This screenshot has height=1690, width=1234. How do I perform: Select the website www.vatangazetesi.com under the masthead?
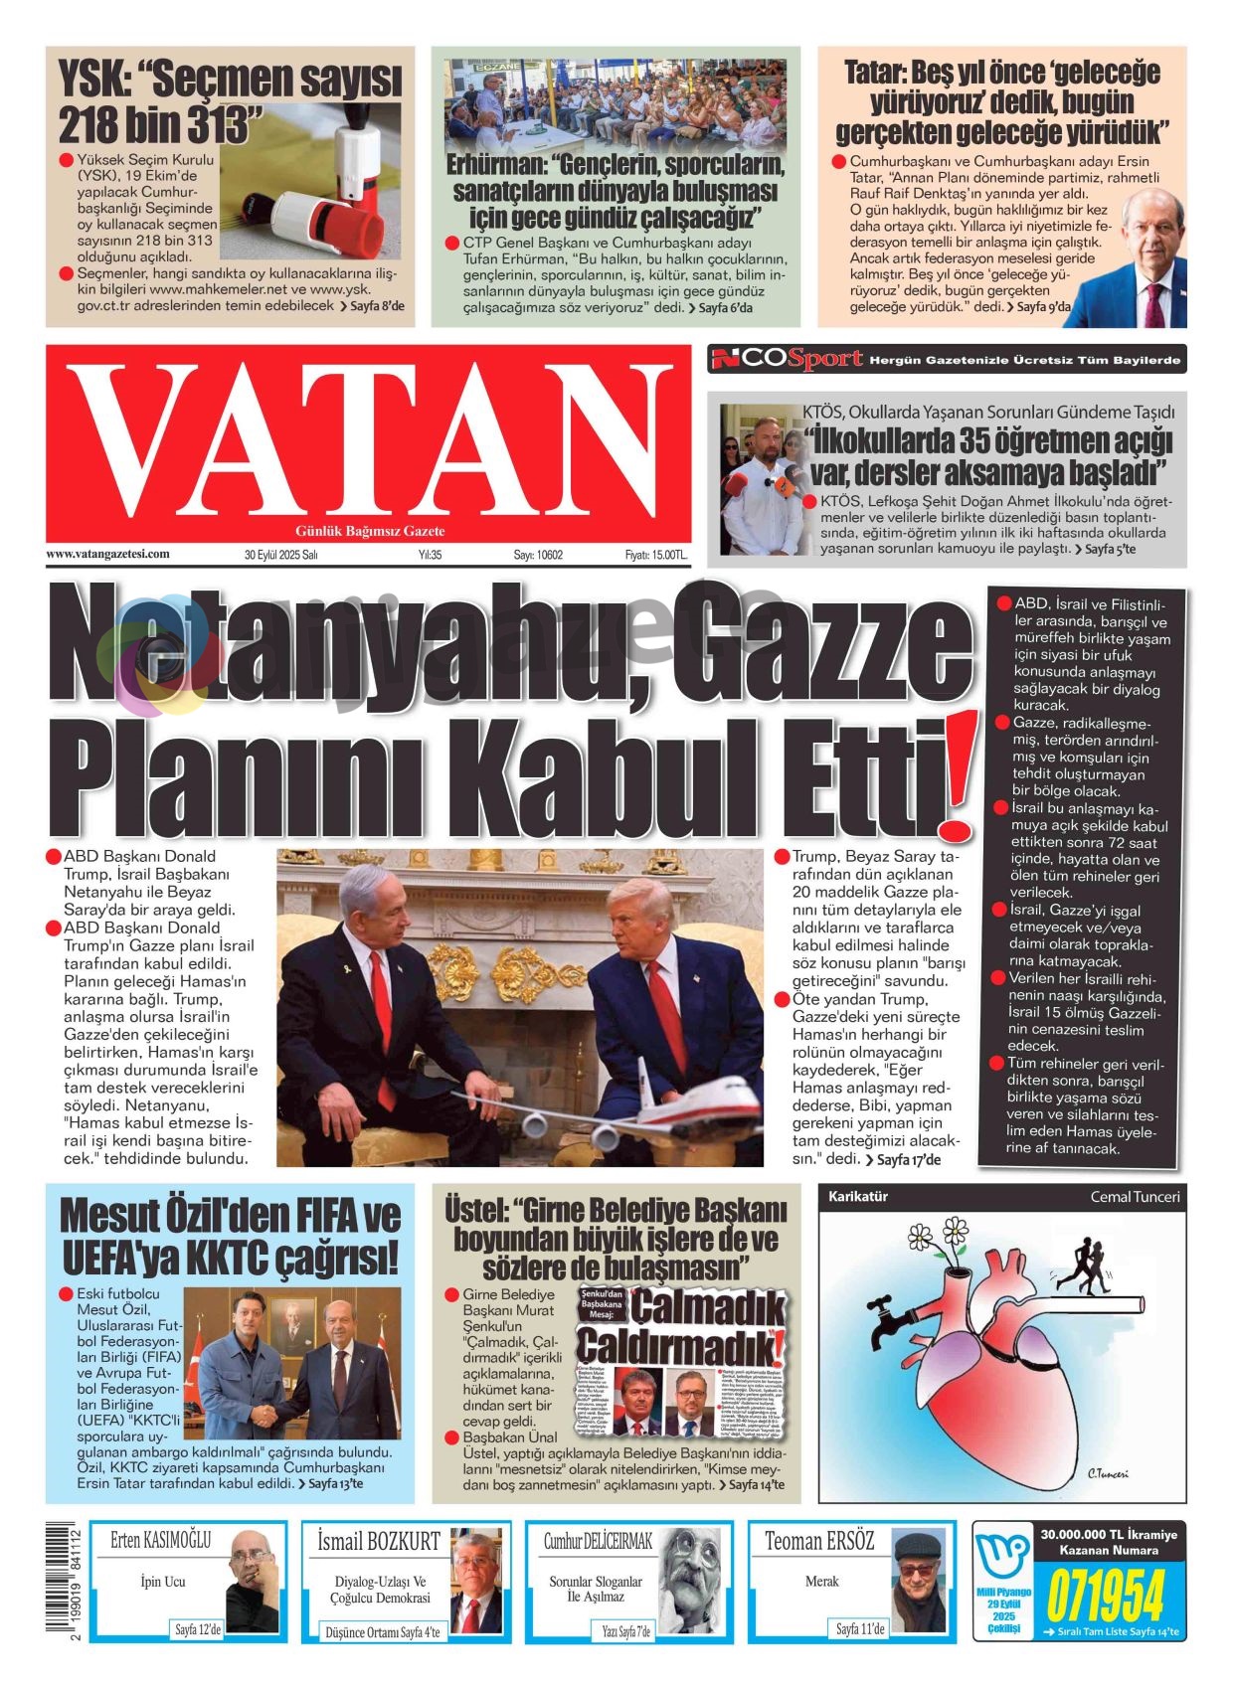[x=107, y=554]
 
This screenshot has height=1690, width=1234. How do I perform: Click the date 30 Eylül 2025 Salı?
[x=280, y=555]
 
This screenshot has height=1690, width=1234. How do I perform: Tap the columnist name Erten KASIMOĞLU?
[x=160, y=1540]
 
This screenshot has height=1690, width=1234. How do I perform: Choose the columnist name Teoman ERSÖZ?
[x=819, y=1541]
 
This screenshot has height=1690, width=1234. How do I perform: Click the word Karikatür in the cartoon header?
[x=858, y=1197]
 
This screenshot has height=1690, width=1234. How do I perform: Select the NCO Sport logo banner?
[x=786, y=359]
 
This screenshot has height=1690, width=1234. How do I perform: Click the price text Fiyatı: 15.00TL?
[x=655, y=555]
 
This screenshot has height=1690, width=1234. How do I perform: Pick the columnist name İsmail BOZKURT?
[x=378, y=1541]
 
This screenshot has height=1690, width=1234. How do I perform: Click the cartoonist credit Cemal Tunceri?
[x=1135, y=1197]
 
